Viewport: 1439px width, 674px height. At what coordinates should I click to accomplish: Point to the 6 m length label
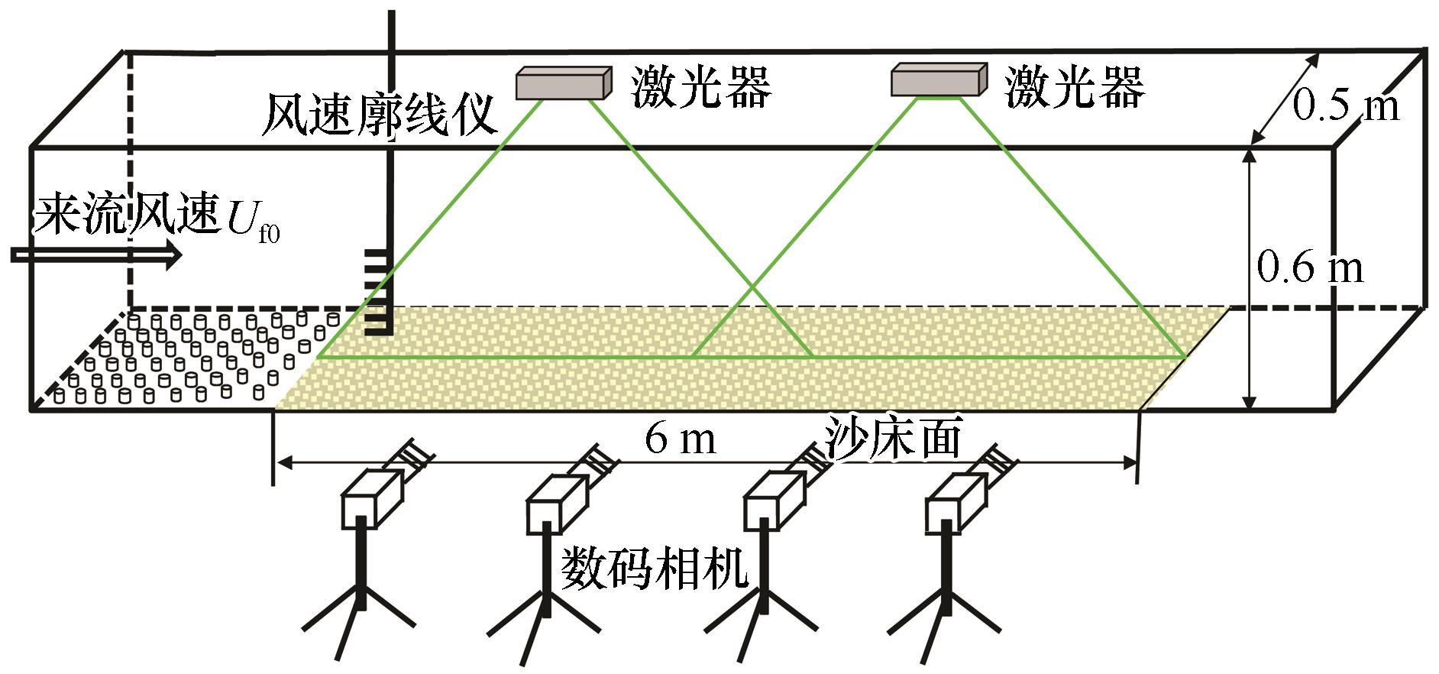pos(680,439)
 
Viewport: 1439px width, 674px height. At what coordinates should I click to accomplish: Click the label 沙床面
pos(892,438)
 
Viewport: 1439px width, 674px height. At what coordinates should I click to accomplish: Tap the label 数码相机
pos(655,568)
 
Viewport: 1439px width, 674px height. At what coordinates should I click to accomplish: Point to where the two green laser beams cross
pos(752,287)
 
